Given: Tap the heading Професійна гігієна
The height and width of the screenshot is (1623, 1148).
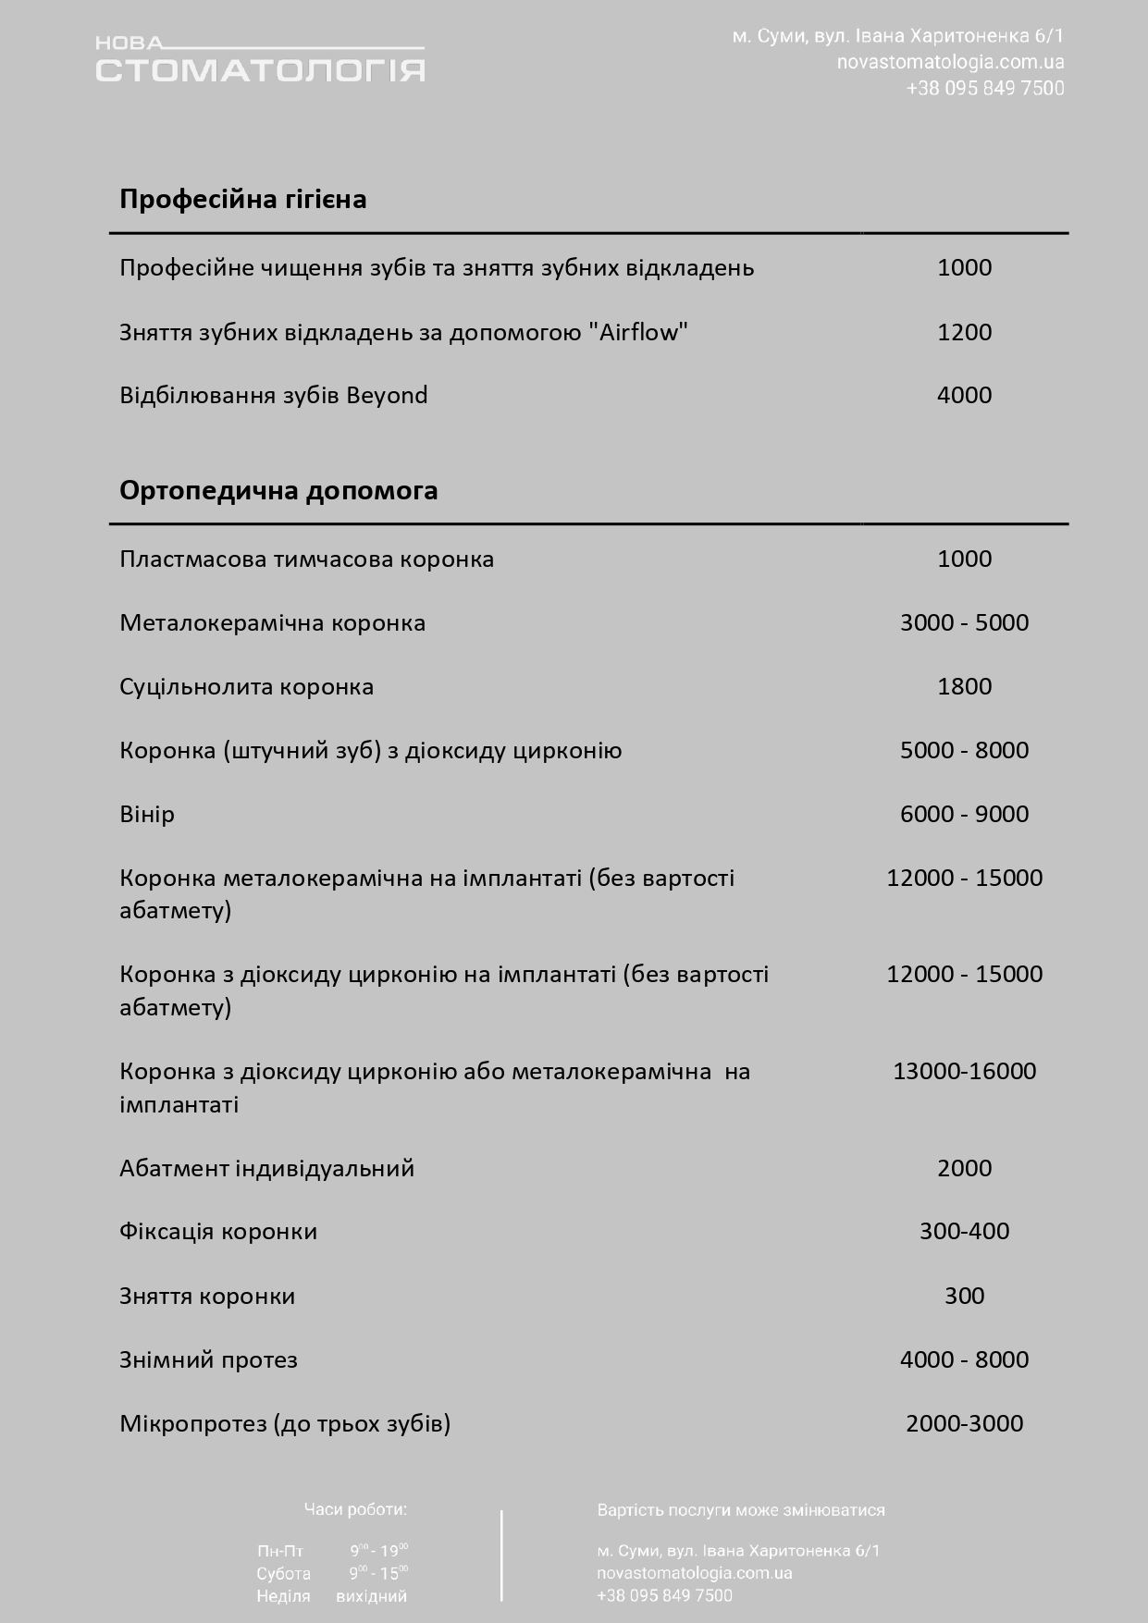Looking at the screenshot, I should coord(243,199).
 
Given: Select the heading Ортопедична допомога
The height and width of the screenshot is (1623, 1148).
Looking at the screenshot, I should coord(278,490).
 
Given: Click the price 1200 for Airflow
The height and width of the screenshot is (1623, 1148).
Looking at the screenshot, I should coord(964,332).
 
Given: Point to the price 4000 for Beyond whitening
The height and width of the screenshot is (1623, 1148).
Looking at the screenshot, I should coord(964,395).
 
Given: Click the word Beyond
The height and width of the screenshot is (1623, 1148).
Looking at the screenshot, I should coord(387,396).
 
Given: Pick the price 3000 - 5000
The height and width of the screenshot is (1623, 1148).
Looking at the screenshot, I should coord(964,622).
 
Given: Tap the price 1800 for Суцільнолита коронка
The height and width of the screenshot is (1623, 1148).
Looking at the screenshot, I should coord(964,686).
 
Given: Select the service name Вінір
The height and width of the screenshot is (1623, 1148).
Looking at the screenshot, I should coord(147,814).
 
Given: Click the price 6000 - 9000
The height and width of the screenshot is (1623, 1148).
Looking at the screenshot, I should coord(964,814).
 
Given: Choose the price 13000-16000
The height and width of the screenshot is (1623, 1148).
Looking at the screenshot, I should coord(964,1071).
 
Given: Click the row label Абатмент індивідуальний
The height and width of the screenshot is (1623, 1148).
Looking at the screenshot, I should coord(266,1168).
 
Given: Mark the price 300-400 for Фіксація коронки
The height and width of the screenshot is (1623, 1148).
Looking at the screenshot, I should coord(964,1231).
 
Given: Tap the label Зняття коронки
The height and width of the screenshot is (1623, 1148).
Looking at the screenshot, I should coord(207,1296).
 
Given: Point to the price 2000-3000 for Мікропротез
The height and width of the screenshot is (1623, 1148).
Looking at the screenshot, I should coord(964,1423).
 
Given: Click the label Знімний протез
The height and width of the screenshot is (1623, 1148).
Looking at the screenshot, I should coord(208,1359).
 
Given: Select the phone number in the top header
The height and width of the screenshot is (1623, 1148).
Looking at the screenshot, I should coord(985,89).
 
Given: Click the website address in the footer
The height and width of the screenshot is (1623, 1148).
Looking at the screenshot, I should coord(695,1573).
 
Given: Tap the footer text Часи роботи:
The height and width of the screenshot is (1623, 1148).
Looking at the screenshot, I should coord(355,1509).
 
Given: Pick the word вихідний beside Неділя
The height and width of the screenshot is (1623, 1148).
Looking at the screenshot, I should coord(372,1596).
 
